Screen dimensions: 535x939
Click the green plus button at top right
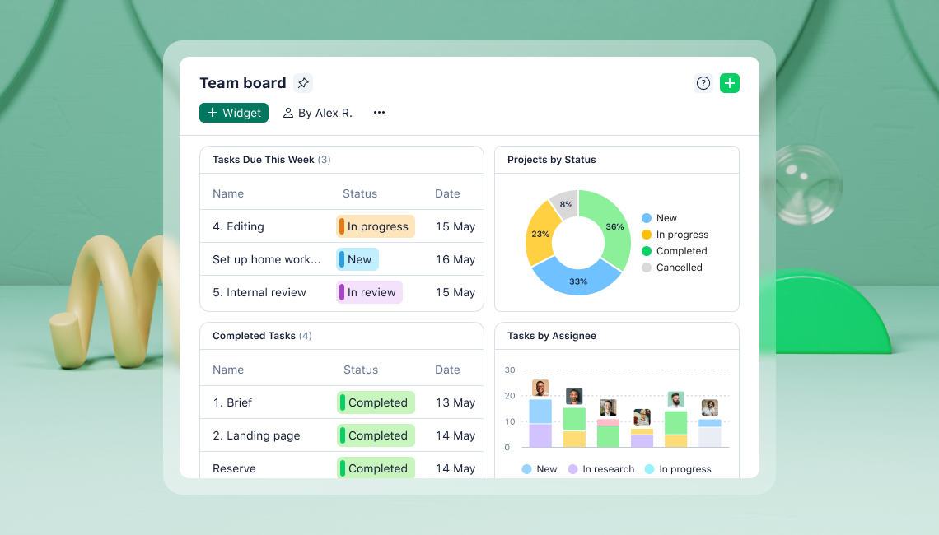(729, 83)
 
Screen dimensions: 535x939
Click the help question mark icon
(703, 83)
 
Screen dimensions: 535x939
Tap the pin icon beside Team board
(303, 83)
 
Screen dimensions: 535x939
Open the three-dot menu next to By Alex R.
(379, 113)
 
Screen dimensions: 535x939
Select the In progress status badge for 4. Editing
(376, 226)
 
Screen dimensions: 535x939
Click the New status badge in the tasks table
(357, 259)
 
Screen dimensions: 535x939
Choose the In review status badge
(370, 292)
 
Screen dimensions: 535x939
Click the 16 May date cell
(455, 259)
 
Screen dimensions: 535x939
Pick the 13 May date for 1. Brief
(455, 402)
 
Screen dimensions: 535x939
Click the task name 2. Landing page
(256, 435)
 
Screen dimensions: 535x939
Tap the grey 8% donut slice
(565, 204)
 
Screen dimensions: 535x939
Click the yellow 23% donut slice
(540, 234)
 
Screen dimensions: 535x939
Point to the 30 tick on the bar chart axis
(510, 370)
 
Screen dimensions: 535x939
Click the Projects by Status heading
(551, 160)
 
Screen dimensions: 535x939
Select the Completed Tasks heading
(254, 336)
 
